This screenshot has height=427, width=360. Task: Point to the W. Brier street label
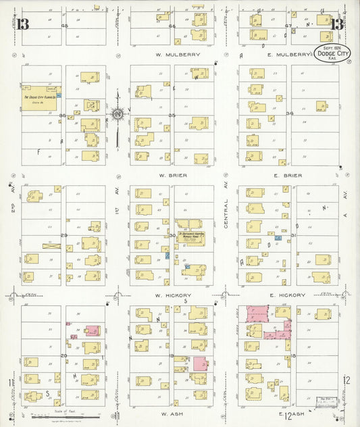[174, 175]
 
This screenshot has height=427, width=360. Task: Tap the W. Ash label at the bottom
[173, 413]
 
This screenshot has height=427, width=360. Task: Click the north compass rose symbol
[118, 115]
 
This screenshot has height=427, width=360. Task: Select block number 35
[172, 116]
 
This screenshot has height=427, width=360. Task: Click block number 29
[64, 234]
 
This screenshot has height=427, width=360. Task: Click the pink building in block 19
[200, 363]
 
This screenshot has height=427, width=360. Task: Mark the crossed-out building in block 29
[51, 247]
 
